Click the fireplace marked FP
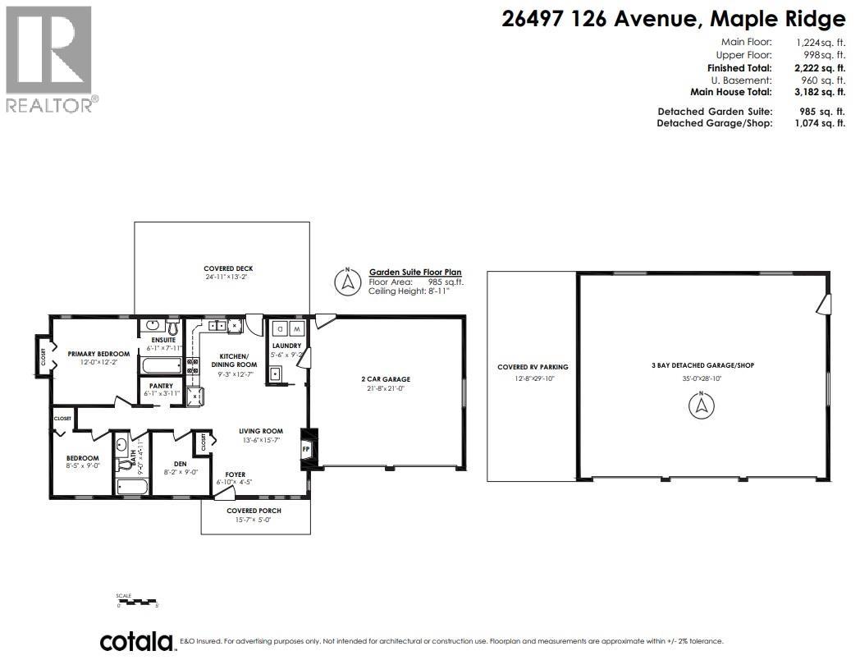tap(307, 449)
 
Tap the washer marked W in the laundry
tap(297, 329)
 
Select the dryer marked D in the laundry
tap(280, 329)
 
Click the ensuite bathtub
tap(159, 364)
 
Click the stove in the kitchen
tap(193, 367)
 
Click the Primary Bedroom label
tap(98, 354)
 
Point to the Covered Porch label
tap(254, 511)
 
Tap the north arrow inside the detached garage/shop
tap(702, 405)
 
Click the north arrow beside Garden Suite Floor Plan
tap(348, 282)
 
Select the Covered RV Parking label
tap(533, 367)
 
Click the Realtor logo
tap(49, 57)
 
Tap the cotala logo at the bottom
tap(136, 641)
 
